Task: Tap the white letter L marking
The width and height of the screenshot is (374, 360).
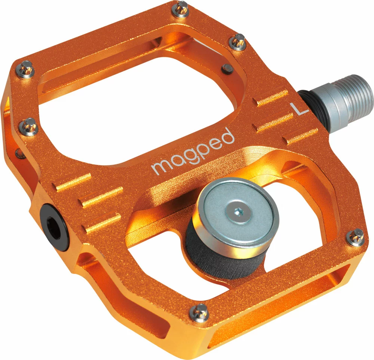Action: [299, 108]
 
